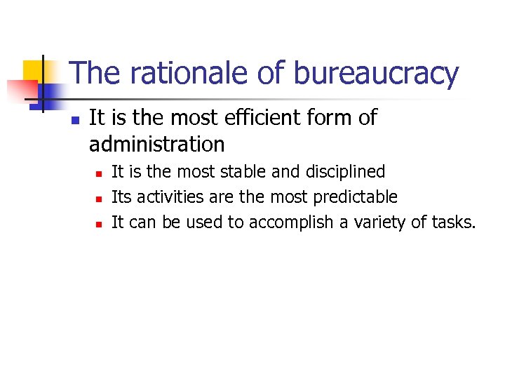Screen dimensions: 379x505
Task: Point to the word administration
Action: point(156,145)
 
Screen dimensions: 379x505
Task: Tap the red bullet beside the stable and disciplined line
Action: point(98,173)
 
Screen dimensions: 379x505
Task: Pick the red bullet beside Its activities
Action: point(98,198)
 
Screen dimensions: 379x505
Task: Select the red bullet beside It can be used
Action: point(98,224)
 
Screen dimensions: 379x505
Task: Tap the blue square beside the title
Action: point(52,92)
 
